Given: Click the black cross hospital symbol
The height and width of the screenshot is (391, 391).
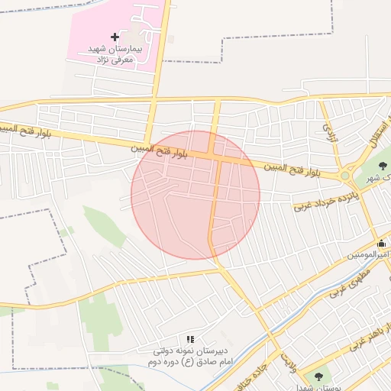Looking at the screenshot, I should click(x=115, y=37).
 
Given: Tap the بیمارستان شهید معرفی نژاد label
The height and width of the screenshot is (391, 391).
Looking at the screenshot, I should click(x=111, y=53).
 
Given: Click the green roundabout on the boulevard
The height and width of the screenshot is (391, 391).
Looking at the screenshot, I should click(x=344, y=176).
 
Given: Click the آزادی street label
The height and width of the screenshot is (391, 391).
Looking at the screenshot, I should click(x=329, y=133).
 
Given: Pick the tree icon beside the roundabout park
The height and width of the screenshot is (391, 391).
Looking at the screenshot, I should click(x=383, y=164).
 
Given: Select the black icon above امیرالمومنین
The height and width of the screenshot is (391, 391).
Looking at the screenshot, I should click(x=382, y=244).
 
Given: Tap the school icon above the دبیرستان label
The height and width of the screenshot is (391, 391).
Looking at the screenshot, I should click(x=190, y=338).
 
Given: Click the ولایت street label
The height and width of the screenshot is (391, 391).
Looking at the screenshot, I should click(x=286, y=357).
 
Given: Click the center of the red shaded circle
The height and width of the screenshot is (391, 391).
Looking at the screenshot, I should click(x=195, y=195).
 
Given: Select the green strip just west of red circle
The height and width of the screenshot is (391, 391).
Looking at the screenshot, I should click(x=103, y=226).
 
